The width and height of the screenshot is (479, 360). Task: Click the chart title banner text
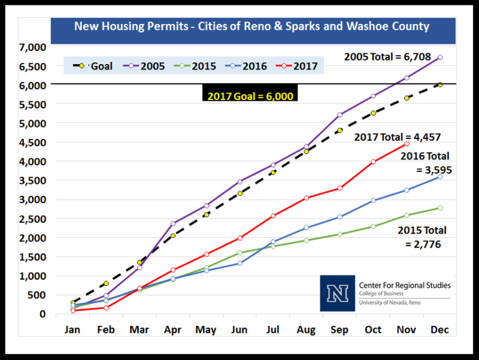[x=251, y=26]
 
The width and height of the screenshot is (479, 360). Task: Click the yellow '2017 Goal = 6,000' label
[x=250, y=96]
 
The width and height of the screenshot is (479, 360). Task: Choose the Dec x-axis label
[x=439, y=331]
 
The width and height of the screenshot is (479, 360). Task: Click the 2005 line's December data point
[x=440, y=58]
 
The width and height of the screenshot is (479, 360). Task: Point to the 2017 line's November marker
[x=407, y=144]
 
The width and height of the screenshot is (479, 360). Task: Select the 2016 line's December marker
[x=440, y=177]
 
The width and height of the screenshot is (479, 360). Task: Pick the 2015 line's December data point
[x=440, y=208]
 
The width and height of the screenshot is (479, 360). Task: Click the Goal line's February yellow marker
[x=106, y=283]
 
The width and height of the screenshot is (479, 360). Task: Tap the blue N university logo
[x=338, y=293]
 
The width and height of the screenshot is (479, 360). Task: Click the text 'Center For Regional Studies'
[x=405, y=285]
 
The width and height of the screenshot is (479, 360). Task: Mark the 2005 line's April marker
[x=173, y=223]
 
